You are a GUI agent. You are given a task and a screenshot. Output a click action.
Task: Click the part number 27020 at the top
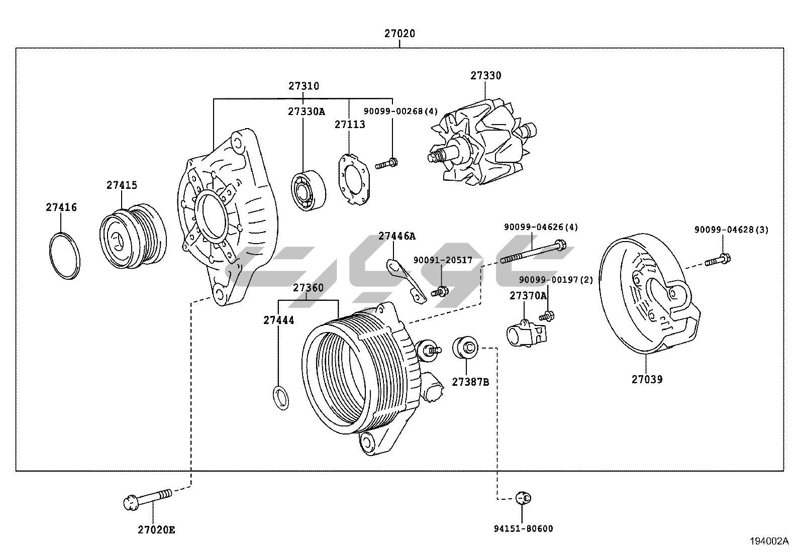tap(399, 34)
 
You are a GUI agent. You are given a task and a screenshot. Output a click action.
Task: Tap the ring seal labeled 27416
tap(65, 256)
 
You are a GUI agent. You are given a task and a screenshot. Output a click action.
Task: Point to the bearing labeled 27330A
tap(308, 191)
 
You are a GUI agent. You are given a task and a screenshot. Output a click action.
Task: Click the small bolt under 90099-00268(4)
tap(386, 163)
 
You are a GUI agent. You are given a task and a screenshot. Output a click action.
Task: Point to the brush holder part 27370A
tap(525, 334)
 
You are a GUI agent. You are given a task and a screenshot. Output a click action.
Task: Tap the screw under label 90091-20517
tap(440, 291)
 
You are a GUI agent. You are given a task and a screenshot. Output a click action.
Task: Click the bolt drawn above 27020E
tap(147, 498)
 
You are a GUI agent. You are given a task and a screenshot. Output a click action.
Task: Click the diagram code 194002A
tap(769, 541)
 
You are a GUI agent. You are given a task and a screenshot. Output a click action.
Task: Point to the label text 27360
tap(308, 288)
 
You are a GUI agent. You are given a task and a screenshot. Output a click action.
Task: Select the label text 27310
tap(304, 86)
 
